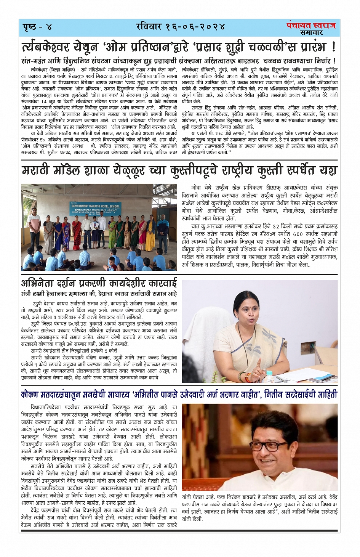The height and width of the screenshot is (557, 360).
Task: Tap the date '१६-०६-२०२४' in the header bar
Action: [195, 27]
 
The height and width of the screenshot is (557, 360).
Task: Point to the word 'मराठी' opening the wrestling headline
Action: [40, 170]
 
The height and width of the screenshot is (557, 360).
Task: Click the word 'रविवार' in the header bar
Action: [150, 27]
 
